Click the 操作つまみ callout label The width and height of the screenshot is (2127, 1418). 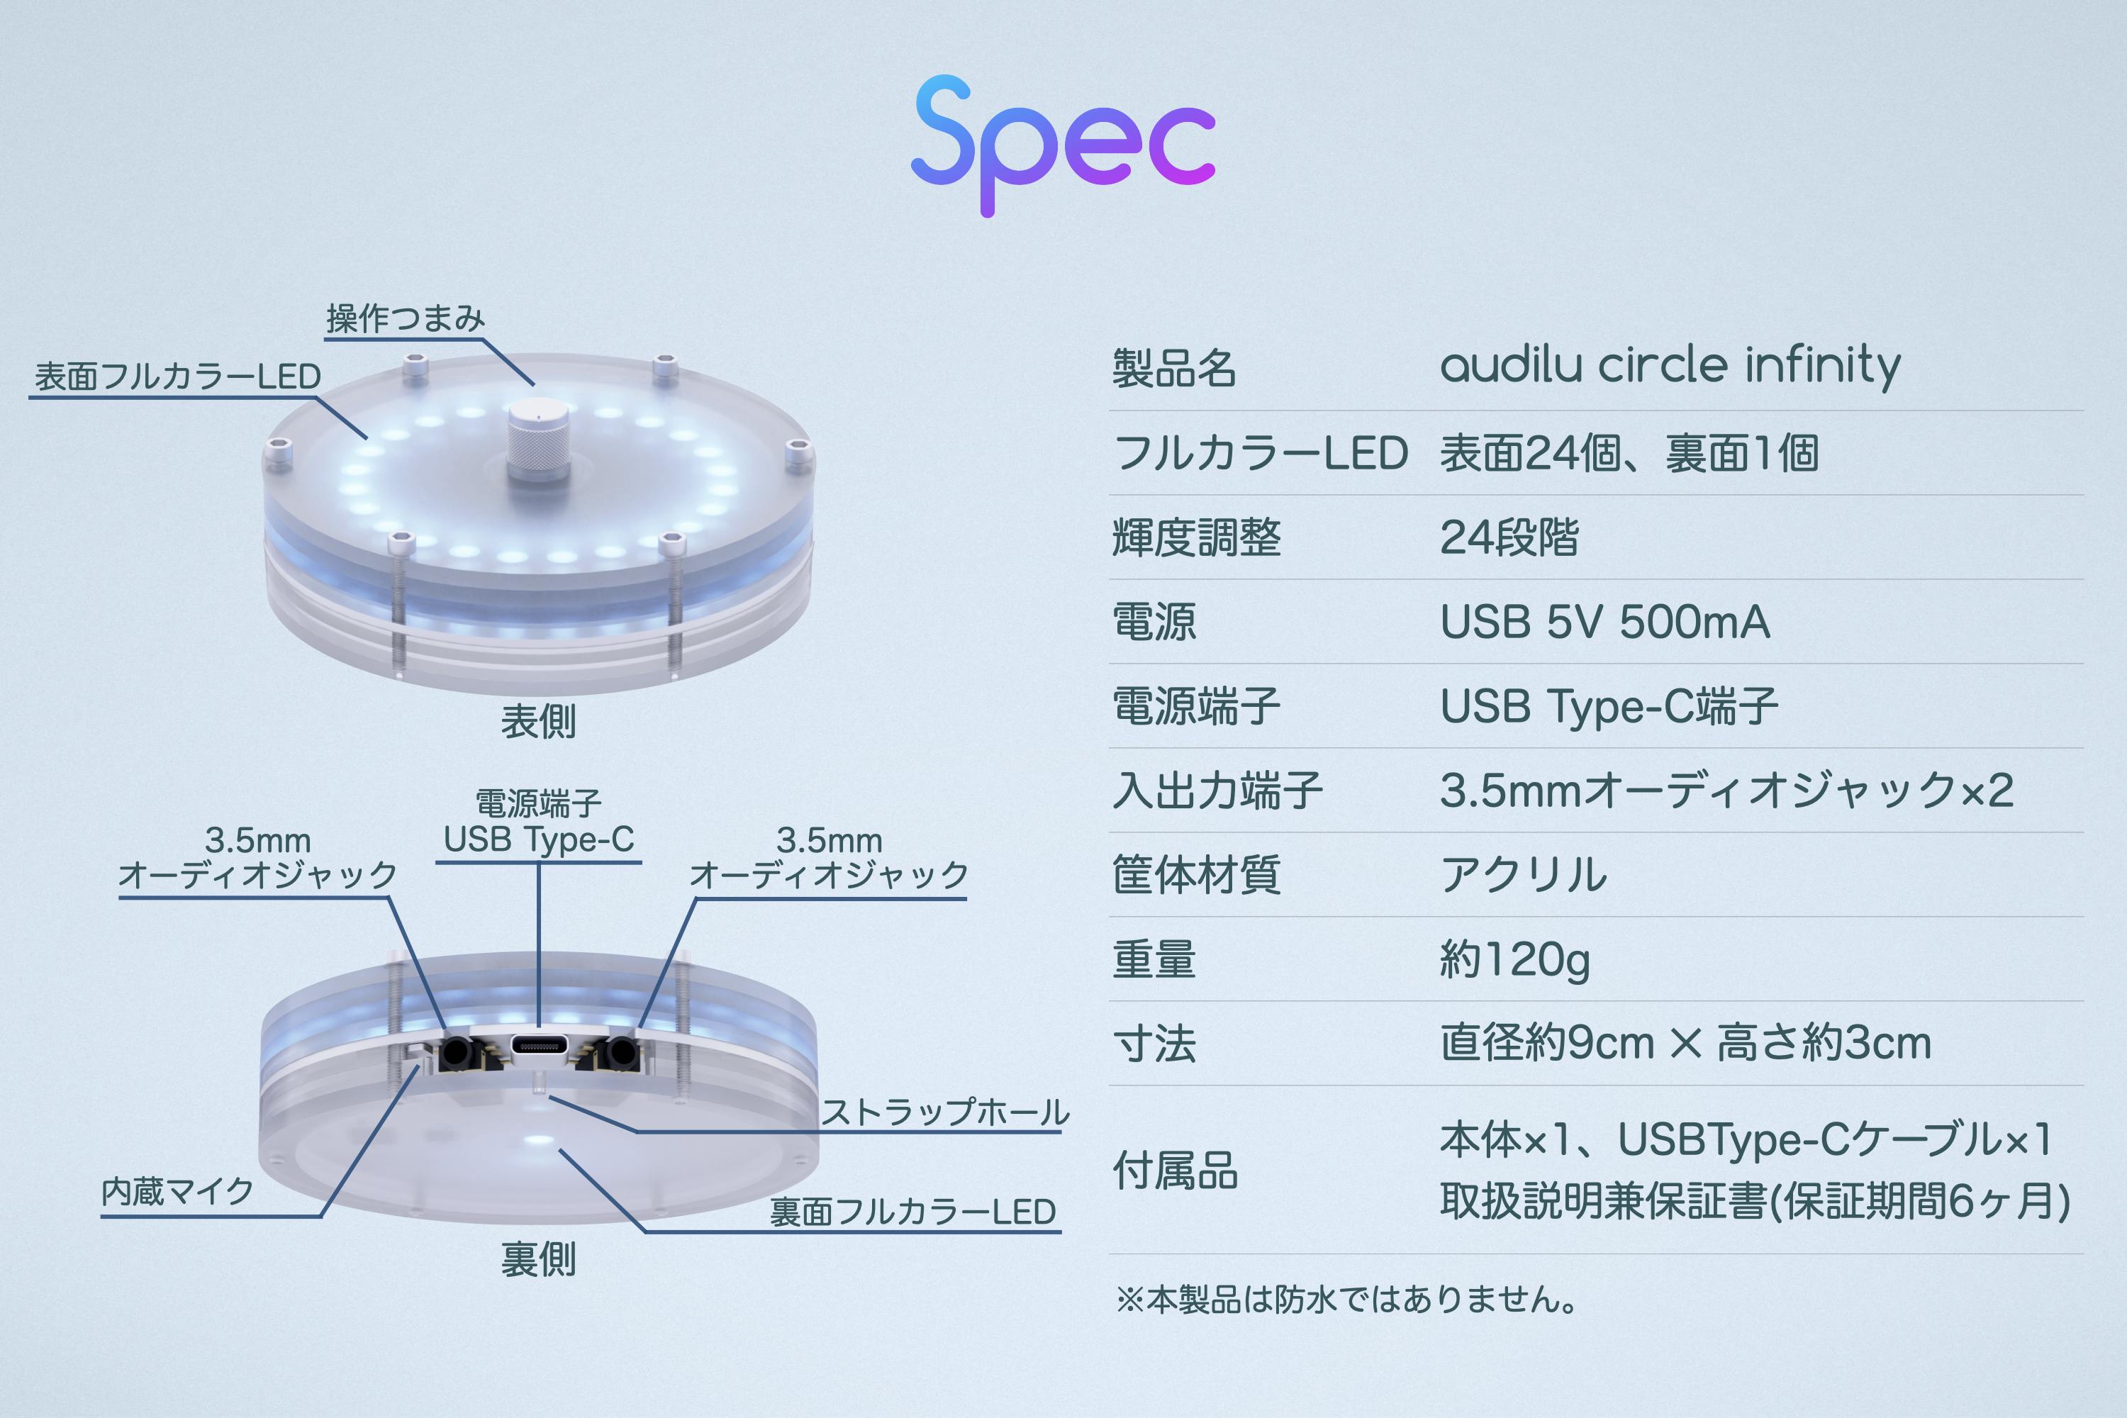click(405, 318)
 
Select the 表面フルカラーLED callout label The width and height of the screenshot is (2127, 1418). click(177, 376)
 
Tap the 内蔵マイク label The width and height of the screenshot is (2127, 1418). click(177, 1192)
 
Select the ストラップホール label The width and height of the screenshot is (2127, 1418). click(945, 1112)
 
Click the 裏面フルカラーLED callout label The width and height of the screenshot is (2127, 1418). click(912, 1212)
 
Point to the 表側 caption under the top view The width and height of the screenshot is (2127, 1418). click(538, 722)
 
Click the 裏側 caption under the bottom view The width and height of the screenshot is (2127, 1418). click(538, 1260)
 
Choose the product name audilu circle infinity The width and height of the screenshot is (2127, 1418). click(1670, 367)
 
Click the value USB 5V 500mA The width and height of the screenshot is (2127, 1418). click(1604, 623)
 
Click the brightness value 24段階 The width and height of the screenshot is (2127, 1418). click(1509, 537)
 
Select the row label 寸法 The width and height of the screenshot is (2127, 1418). click(1154, 1044)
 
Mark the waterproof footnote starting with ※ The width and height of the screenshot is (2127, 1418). click(1348, 1300)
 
